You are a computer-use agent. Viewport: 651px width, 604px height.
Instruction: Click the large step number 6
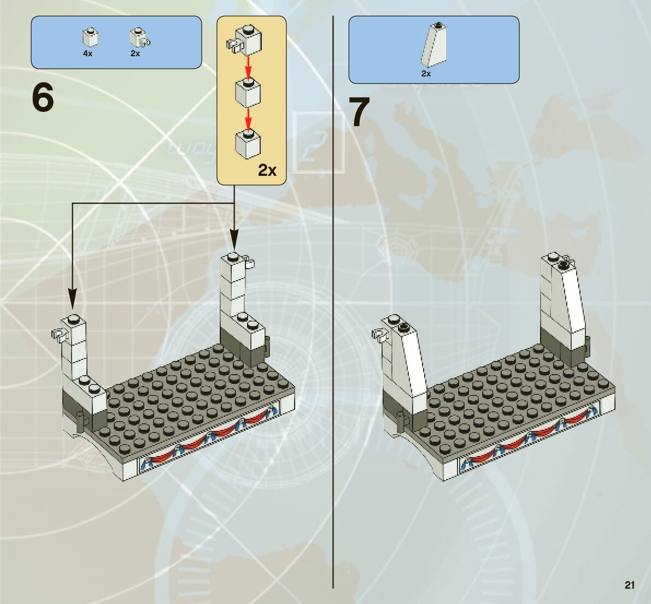[x=43, y=99]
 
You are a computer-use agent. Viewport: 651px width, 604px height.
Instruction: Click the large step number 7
[x=360, y=113]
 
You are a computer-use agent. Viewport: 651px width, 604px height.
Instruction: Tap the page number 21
[x=629, y=585]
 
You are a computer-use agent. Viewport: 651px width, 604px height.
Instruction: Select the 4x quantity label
[x=88, y=54]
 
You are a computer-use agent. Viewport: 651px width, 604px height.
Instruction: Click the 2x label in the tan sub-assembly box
[x=267, y=171]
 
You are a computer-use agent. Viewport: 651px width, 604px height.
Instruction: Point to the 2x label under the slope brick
[x=426, y=73]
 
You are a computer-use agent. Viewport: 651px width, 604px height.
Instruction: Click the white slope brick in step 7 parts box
[x=434, y=45]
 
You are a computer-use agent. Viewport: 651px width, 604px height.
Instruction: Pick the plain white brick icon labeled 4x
[x=90, y=38]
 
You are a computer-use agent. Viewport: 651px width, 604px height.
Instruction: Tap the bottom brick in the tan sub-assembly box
[x=248, y=144]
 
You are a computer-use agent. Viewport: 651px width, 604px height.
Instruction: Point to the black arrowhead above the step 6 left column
[x=72, y=299]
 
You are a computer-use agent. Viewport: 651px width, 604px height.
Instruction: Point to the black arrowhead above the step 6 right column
[x=234, y=239]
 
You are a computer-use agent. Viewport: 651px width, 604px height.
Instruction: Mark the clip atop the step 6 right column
[x=250, y=261]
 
